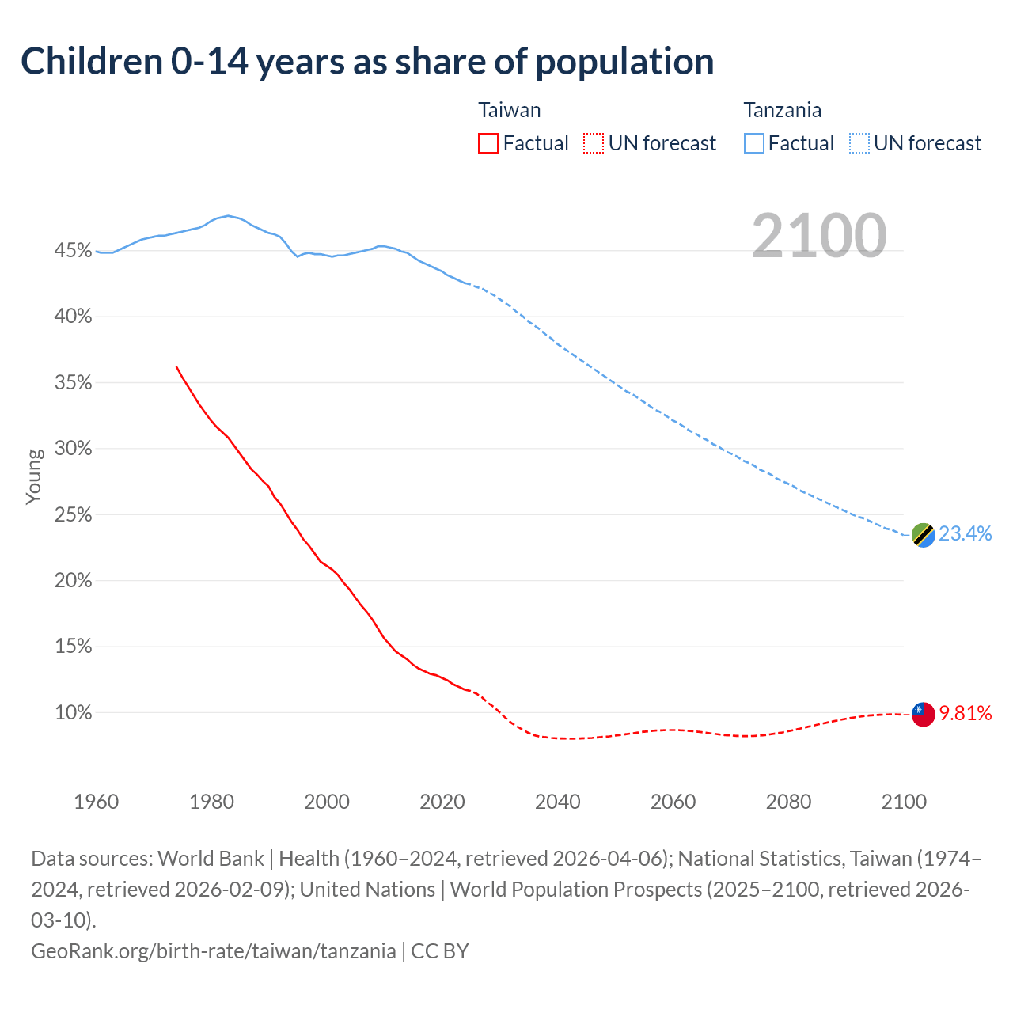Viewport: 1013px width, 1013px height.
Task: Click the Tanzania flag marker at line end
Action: (923, 535)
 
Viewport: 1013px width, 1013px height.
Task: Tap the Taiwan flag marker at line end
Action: (923, 714)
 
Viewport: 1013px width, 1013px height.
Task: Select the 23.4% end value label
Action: (965, 534)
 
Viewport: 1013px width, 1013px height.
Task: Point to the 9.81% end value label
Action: (965, 714)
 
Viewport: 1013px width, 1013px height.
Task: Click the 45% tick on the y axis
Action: (73, 251)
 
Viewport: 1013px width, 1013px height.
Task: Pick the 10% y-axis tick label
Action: (73, 713)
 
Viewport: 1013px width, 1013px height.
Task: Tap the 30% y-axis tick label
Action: (73, 449)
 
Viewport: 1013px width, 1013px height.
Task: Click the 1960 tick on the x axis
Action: (97, 802)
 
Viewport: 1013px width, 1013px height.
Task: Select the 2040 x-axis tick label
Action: (558, 802)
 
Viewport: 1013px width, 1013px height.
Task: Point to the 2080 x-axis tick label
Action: (788, 802)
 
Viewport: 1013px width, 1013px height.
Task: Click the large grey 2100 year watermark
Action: (819, 235)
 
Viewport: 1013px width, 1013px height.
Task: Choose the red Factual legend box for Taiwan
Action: (488, 143)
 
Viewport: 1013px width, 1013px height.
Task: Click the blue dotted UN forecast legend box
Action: (859, 143)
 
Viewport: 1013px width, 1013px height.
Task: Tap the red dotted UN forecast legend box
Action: (594, 143)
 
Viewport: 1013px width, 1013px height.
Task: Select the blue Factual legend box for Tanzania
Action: (754, 143)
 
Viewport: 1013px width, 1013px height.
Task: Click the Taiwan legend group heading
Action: (510, 110)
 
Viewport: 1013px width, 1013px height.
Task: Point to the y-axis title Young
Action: (34, 476)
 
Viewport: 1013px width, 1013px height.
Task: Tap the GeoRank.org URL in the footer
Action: (214, 950)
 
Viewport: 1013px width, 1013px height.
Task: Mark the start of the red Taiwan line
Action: (176, 367)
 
